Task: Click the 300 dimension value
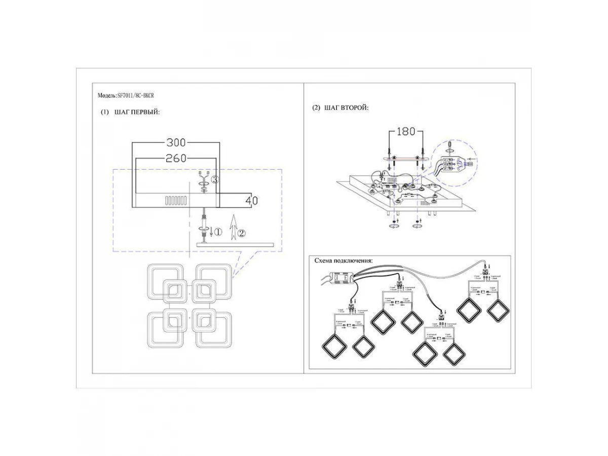(176, 142)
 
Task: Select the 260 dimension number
(176, 159)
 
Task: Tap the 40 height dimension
(251, 201)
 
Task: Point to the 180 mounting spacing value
(405, 132)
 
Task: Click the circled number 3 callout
(215, 179)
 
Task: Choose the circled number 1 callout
(217, 233)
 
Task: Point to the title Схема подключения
(343, 260)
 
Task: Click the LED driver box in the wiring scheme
(340, 278)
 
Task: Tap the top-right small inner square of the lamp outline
(205, 290)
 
